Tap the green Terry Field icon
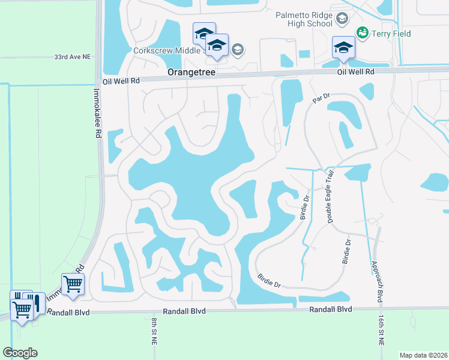point(362,32)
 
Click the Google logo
point(20,353)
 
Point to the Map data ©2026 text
point(423,355)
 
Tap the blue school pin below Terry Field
point(344,47)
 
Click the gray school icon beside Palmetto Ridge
point(342,19)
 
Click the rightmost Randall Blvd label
point(330,310)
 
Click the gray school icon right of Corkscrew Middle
point(238,49)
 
